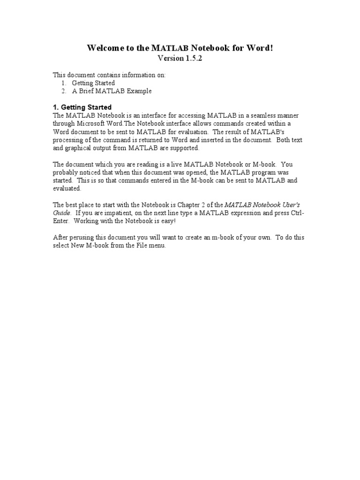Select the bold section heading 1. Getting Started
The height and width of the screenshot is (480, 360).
[82, 107]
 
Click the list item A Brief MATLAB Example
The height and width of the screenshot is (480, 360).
[112, 91]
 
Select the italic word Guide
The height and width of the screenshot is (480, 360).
[62, 213]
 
